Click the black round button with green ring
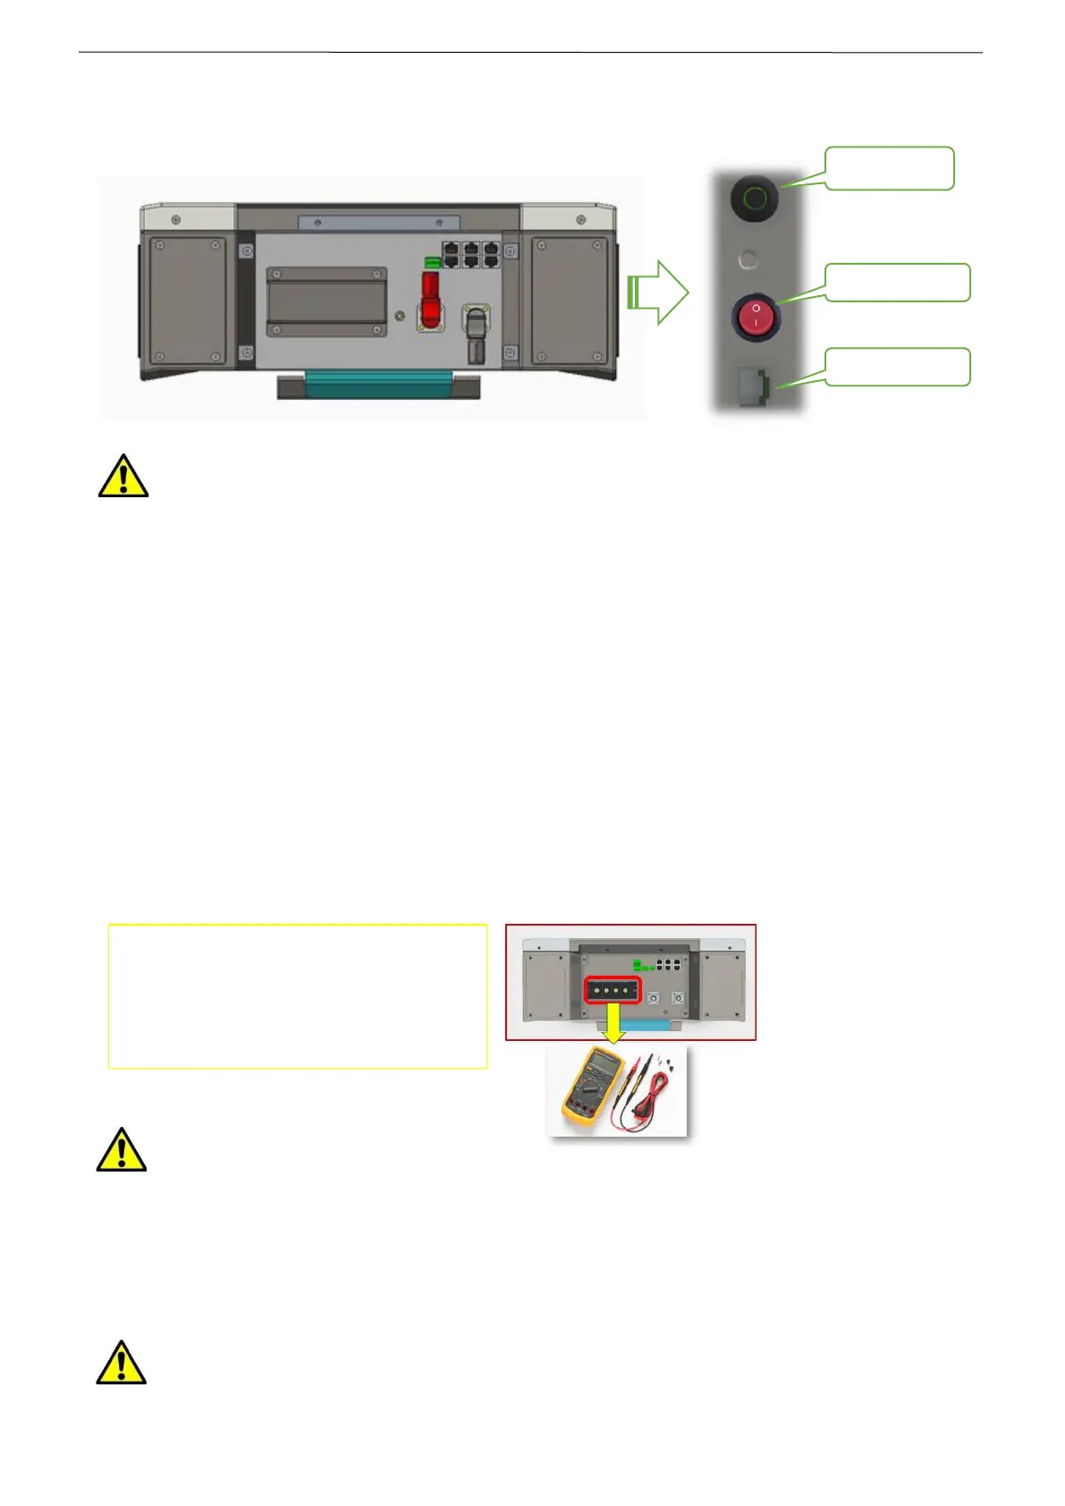[755, 197]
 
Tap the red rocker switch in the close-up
[756, 317]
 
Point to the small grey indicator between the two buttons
[748, 260]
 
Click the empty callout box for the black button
[889, 168]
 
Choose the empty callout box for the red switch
[896, 283]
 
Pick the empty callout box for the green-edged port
[896, 367]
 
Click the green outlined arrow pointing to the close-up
[660, 292]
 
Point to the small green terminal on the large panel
[432, 262]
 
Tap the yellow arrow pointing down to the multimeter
[613, 1021]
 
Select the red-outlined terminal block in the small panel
[613, 990]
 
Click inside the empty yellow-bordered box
[297, 995]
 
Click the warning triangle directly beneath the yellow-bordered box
[122, 1150]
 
